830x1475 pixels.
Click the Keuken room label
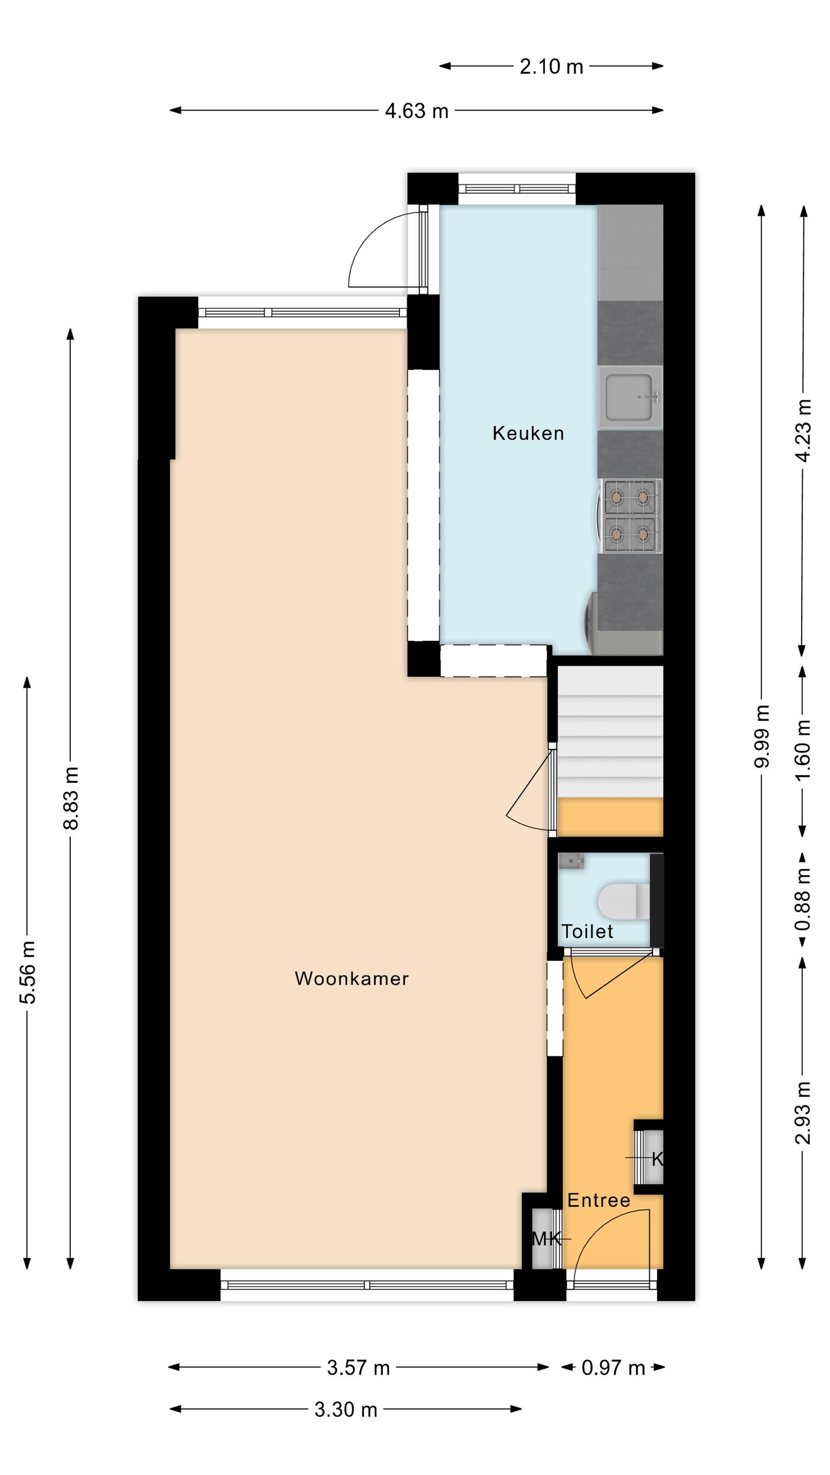point(528,433)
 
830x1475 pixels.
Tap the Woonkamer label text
point(352,978)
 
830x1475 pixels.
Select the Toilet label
point(587,931)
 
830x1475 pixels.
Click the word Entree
point(598,1200)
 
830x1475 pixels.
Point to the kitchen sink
point(629,397)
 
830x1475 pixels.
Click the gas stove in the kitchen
point(629,515)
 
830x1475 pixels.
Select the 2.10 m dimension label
point(551,67)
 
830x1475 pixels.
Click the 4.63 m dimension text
point(416,111)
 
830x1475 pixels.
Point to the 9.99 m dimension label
point(762,736)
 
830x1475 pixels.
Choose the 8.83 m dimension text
point(71,798)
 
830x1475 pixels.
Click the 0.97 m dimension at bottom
point(613,1368)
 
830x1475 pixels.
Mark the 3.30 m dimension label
point(346,1410)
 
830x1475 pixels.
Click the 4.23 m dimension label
point(803,430)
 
